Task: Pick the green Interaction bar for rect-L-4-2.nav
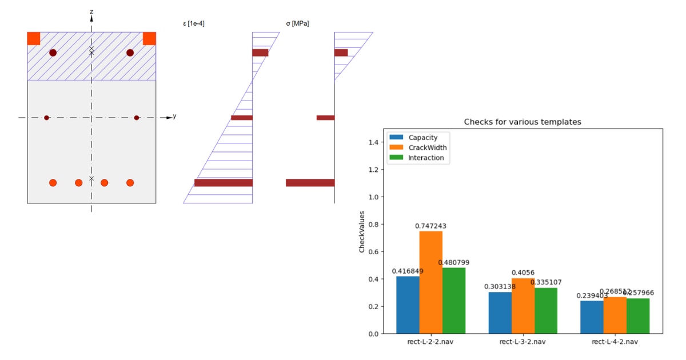click(638, 315)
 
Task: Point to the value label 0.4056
click(523, 273)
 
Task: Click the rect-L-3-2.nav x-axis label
click(523, 342)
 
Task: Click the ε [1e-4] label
click(193, 24)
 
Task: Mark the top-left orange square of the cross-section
click(34, 38)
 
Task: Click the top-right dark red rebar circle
click(130, 53)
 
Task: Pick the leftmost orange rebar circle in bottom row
click(53, 183)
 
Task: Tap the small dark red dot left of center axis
click(47, 118)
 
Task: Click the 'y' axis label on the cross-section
click(174, 116)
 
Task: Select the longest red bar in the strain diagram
click(223, 183)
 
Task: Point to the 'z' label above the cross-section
click(91, 12)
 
